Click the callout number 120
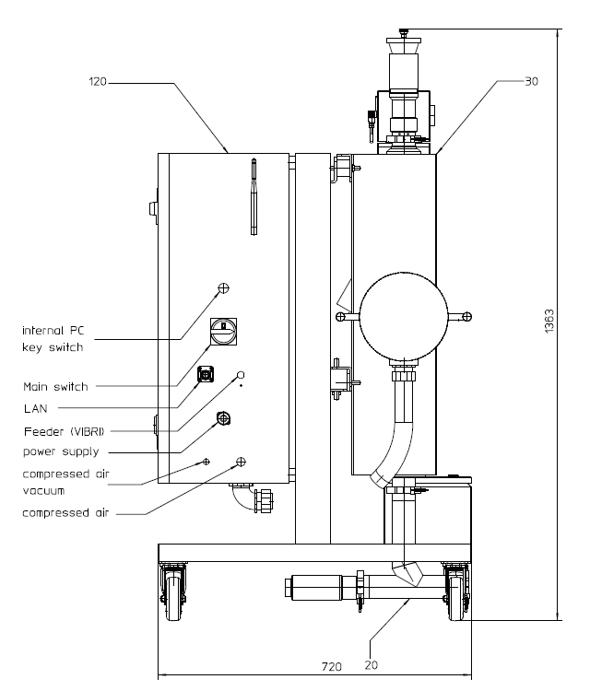pyautogui.click(x=98, y=82)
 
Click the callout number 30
pyautogui.click(x=531, y=81)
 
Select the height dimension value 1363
pyautogui.click(x=549, y=320)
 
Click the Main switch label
pyautogui.click(x=55, y=387)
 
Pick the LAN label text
pyautogui.click(x=34, y=407)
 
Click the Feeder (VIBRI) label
pyautogui.click(x=61, y=431)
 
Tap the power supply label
pyautogui.click(x=61, y=452)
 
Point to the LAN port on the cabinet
pyautogui.click(x=206, y=374)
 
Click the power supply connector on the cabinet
pyautogui.click(x=223, y=419)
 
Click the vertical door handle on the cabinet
pyautogui.click(x=251, y=198)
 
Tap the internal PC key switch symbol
pyautogui.click(x=223, y=289)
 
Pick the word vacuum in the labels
pyautogui.click(x=43, y=491)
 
